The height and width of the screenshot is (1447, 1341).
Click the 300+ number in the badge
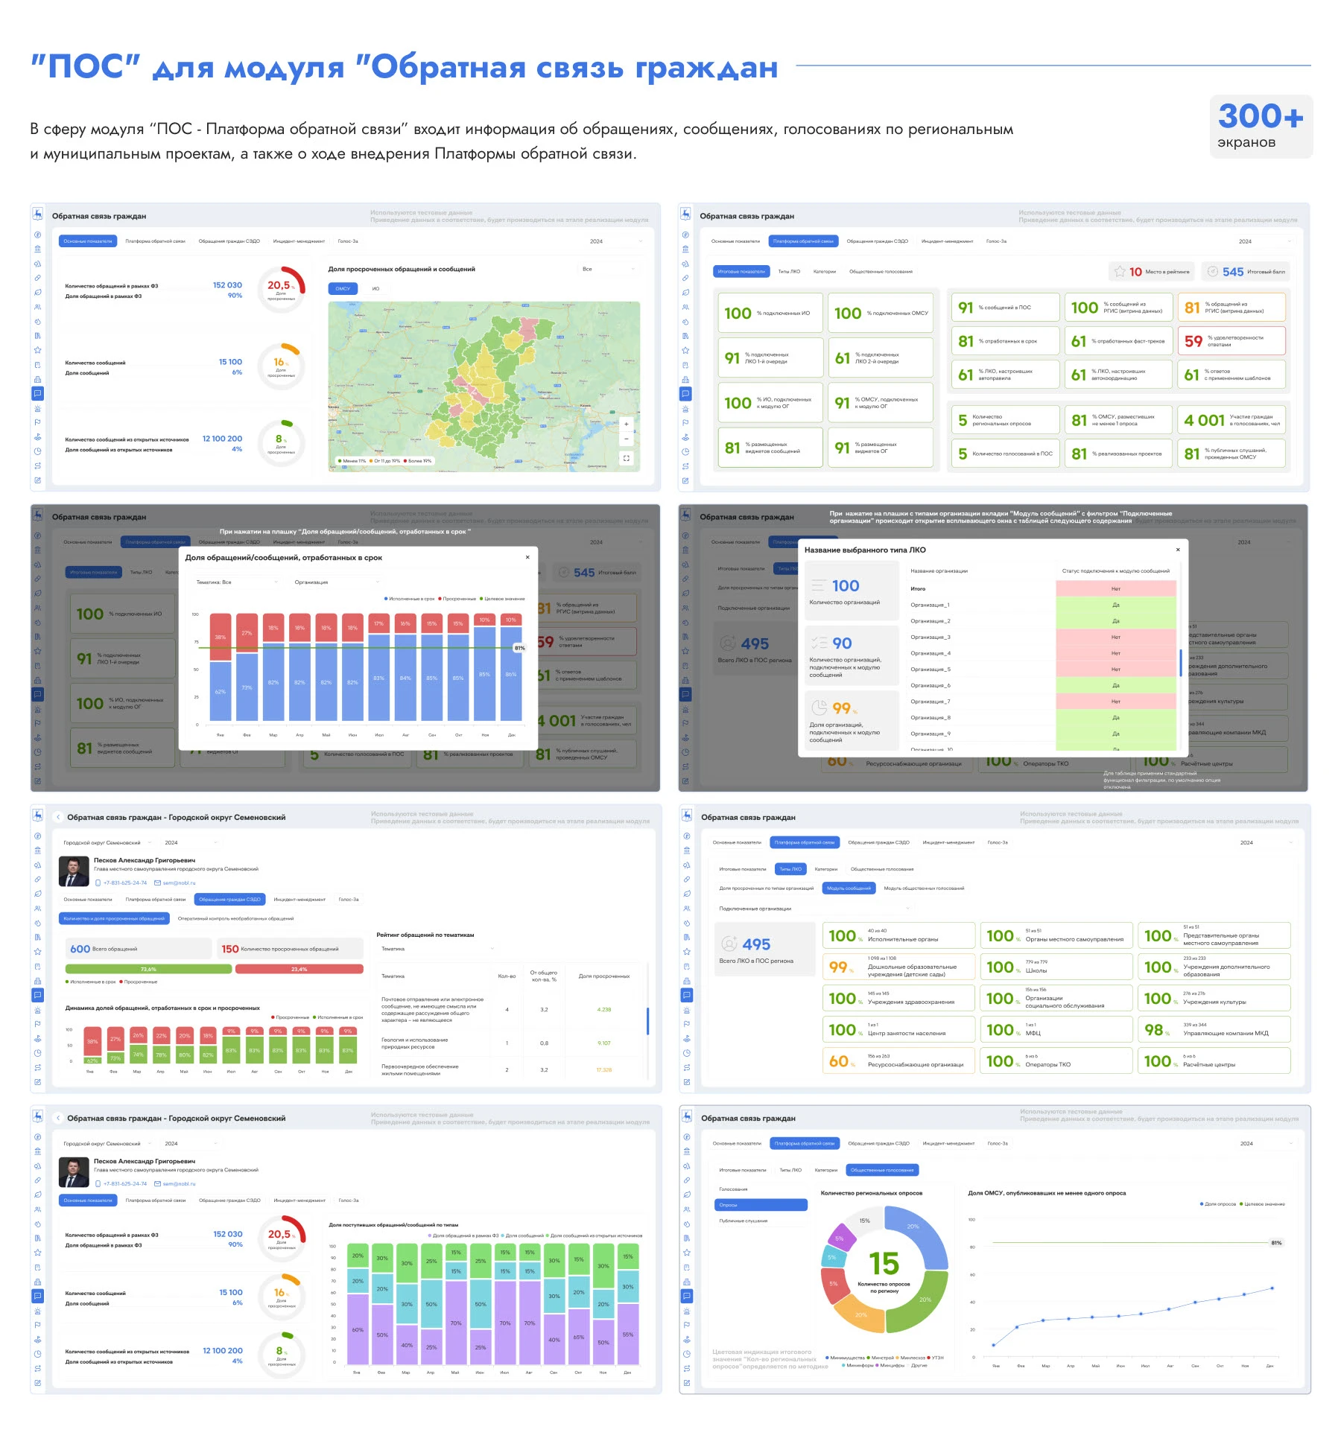coord(1260,116)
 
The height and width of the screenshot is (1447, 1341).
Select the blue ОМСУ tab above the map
coord(343,288)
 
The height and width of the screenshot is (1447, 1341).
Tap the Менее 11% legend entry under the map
coord(352,461)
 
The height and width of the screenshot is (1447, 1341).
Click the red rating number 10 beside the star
coord(1135,272)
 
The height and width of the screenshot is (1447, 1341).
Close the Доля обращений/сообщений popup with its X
coord(527,557)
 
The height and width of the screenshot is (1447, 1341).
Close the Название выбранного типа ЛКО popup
coord(1178,550)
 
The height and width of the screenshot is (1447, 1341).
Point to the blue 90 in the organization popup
coord(842,643)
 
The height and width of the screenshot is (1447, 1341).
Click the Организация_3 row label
coord(931,637)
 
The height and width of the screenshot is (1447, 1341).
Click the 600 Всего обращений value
coord(80,949)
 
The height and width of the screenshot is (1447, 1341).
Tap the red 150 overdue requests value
coord(229,949)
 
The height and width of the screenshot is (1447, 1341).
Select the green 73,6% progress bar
coord(148,969)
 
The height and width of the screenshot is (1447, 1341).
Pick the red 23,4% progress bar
coord(299,969)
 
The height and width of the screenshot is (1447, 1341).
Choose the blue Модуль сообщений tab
coord(849,888)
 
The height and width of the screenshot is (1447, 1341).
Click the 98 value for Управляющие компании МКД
coord(1153,1030)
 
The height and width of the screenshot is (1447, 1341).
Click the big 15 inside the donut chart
coord(884,1264)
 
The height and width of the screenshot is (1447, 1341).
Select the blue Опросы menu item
coord(761,1204)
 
